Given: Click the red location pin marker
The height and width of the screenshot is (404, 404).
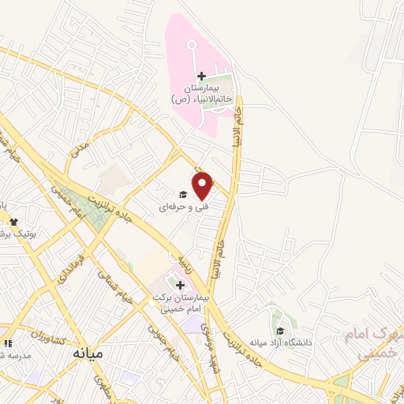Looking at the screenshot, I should (203, 185).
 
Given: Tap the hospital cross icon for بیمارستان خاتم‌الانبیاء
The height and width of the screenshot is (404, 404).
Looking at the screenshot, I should (201, 77).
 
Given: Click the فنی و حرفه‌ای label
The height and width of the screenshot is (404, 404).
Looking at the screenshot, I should (176, 208).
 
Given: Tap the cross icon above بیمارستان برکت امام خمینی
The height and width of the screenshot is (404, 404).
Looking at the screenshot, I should (180, 285).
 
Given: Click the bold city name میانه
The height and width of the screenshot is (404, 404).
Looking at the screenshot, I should (87, 353).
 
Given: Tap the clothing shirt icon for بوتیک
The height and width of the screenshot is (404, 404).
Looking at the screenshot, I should (13, 222).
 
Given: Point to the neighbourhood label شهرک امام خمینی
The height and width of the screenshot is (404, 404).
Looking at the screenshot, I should (371, 344).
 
